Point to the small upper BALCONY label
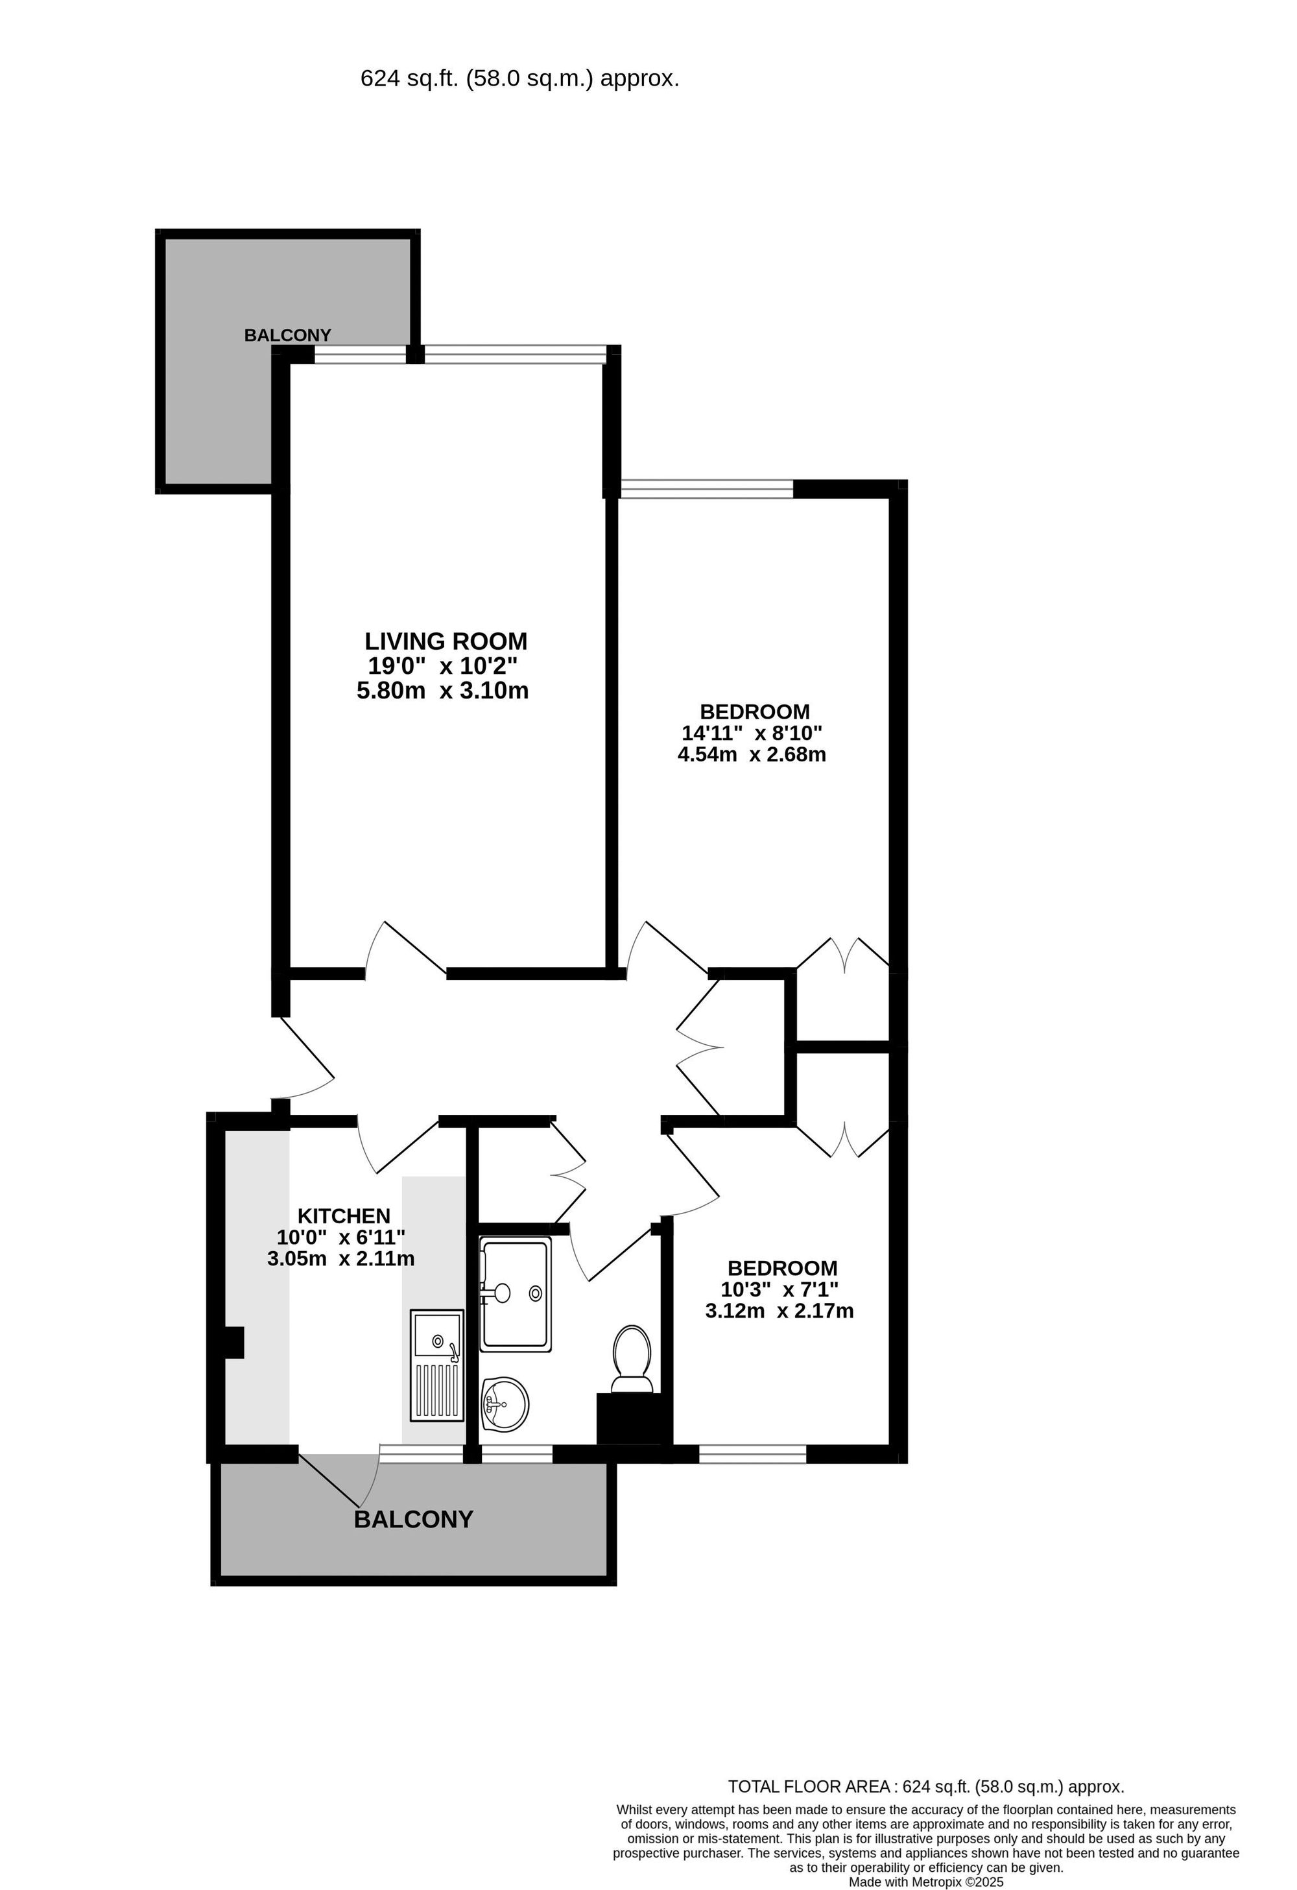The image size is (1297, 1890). pyautogui.click(x=288, y=335)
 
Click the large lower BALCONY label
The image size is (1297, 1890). pyautogui.click(x=413, y=1519)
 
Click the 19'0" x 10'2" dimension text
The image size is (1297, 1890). pyautogui.click(x=442, y=666)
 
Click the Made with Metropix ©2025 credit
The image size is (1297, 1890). pyautogui.click(x=926, y=1882)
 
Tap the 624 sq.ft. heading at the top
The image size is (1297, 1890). pyautogui.click(x=519, y=79)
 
